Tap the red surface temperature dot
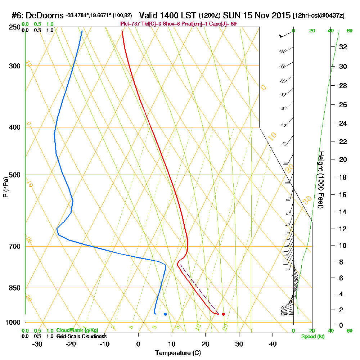(x=224, y=314)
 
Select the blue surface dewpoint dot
(x=165, y=314)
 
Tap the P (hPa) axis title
(x=5, y=187)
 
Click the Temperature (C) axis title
(x=178, y=353)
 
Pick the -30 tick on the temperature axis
(x=37, y=344)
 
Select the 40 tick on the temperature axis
(x=273, y=344)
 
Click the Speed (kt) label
(x=312, y=336)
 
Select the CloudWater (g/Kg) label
(x=77, y=330)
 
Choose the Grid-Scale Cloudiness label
(x=81, y=336)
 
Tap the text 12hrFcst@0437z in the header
(x=319, y=16)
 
